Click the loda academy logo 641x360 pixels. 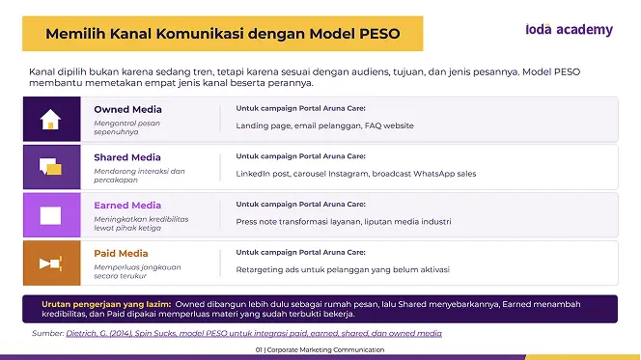pyautogui.click(x=569, y=29)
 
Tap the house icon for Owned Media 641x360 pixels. pyautogui.click(x=50, y=120)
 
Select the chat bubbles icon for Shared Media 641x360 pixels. pyautogui.click(x=50, y=167)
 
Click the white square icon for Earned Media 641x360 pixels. pyautogui.click(x=51, y=215)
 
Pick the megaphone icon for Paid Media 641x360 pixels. pyautogui.click(x=51, y=263)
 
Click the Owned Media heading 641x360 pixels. pyautogui.click(x=128, y=109)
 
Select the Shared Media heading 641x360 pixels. pyautogui.click(x=127, y=157)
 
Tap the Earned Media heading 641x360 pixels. pyautogui.click(x=127, y=206)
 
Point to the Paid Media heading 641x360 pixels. pyautogui.click(x=121, y=253)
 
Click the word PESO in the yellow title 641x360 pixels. pyautogui.click(x=379, y=34)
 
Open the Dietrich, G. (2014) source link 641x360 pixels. pyautogui.click(x=254, y=333)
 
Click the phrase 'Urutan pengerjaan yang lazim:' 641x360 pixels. pyautogui.click(x=106, y=304)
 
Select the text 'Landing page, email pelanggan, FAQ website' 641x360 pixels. pyautogui.click(x=325, y=125)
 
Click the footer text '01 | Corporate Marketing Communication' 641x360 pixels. pyautogui.click(x=320, y=349)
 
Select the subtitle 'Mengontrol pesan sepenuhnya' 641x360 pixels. pyautogui.click(x=126, y=127)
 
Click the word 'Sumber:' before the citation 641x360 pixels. pyautogui.click(x=48, y=333)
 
